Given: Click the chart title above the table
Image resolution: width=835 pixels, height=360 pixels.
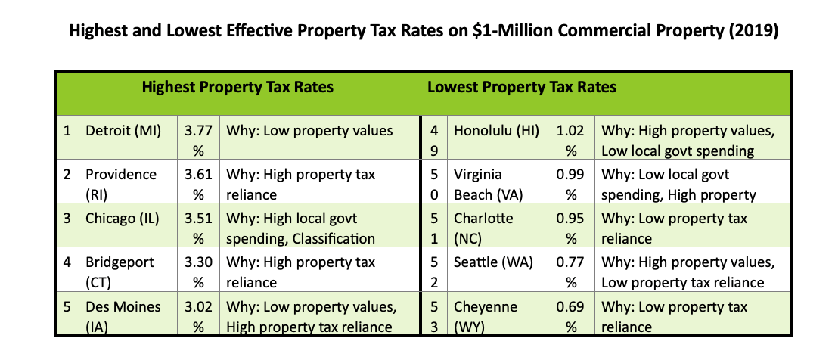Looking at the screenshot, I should [x=424, y=33].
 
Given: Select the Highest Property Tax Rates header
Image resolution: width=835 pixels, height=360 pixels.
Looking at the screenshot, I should [x=238, y=87].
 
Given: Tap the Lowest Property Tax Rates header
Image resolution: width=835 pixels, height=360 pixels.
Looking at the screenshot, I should [x=522, y=87].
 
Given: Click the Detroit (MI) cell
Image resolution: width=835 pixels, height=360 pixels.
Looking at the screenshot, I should [x=123, y=131].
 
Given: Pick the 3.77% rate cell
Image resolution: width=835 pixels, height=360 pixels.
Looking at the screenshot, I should [x=194, y=140].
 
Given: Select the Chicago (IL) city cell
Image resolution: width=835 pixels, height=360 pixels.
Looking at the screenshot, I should [x=124, y=219].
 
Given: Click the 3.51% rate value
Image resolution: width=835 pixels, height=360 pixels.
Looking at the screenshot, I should [x=194, y=228].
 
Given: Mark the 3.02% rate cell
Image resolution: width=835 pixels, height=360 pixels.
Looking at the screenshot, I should [x=194, y=316].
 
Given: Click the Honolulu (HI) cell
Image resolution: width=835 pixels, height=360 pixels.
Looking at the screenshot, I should [x=496, y=131].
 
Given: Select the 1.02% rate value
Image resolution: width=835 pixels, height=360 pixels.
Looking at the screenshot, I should [x=569, y=140].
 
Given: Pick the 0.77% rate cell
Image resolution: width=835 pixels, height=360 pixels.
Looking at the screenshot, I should [x=569, y=272].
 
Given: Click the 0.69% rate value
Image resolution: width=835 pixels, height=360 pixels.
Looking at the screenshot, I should [x=569, y=316].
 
